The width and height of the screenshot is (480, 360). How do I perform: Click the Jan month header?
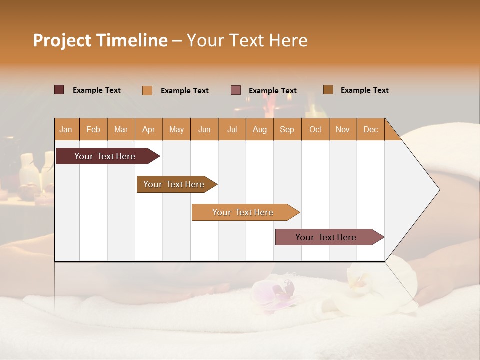66,130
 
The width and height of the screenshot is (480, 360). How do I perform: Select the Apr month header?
149,130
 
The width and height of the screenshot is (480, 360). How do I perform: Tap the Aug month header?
260,130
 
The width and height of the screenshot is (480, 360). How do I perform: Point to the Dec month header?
370,130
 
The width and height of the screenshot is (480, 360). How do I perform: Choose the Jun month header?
204,130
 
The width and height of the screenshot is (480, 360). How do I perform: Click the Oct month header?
315,130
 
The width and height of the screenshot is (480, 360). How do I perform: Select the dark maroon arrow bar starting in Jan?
105,156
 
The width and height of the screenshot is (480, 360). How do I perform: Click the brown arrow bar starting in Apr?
174,184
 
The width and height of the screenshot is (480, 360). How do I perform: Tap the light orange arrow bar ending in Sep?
243,212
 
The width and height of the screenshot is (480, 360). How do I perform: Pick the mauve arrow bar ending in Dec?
326,237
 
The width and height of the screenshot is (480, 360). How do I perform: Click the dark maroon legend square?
59,90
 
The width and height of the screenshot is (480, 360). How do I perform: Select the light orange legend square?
147,90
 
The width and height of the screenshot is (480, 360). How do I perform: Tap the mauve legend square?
236,90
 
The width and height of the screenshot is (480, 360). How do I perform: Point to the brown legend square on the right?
328,90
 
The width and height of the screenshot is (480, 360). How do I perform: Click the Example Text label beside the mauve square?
273,91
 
